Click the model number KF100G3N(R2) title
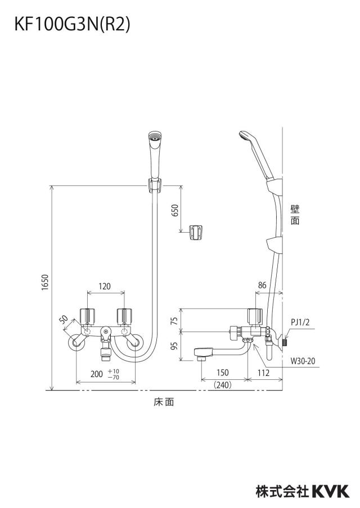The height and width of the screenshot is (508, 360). pyautogui.click(x=72, y=25)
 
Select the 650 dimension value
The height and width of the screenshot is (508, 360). pyautogui.click(x=174, y=211)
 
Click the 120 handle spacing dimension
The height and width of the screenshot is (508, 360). pyautogui.click(x=105, y=287)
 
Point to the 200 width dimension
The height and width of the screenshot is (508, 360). pyautogui.click(x=97, y=374)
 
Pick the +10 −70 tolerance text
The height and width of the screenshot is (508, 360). pyautogui.click(x=114, y=374)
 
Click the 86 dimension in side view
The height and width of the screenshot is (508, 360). pyautogui.click(x=262, y=285)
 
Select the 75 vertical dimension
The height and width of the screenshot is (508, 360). pyautogui.click(x=174, y=320)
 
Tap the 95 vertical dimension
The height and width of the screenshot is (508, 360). pyautogui.click(x=174, y=346)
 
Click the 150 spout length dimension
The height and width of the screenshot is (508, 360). pyautogui.click(x=223, y=373)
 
